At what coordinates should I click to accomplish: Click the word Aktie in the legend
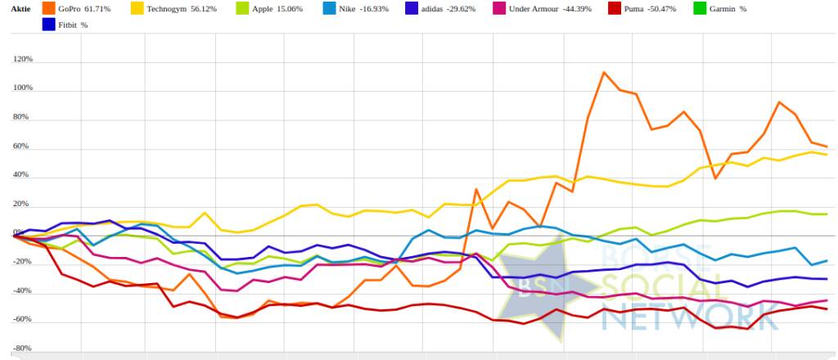tap(20, 8)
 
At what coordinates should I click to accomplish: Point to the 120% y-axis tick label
tap(22, 59)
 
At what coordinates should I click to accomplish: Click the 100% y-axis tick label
tap(22, 88)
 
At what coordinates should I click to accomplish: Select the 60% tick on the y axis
tap(24, 146)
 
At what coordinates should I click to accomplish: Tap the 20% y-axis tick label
tap(24, 204)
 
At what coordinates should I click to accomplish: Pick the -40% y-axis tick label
tap(22, 290)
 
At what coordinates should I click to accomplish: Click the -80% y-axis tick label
tap(22, 348)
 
